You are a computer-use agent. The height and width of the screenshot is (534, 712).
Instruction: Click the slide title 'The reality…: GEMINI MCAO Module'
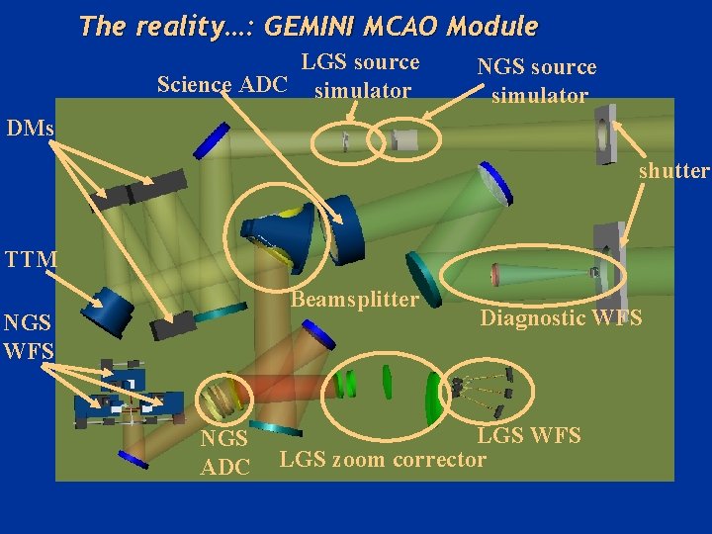[x=309, y=26]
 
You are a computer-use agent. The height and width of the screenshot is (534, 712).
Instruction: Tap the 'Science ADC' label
[x=222, y=84]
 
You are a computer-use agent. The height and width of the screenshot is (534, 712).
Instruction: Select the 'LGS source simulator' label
[x=361, y=77]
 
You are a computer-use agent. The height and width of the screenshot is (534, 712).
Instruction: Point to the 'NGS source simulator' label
[x=537, y=81]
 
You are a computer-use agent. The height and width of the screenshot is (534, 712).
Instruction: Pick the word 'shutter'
[x=673, y=171]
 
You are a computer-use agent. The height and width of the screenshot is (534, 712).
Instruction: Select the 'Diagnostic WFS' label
[x=561, y=317]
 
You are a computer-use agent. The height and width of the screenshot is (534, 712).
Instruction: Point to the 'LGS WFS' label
[x=529, y=435]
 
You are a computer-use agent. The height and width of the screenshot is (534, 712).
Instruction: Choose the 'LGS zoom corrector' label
[x=384, y=459]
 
